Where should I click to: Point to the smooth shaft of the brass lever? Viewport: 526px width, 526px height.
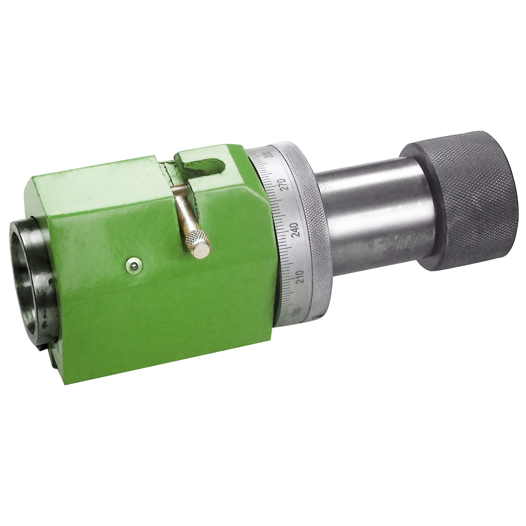[182, 210]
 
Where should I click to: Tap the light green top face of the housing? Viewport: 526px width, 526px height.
[99, 194]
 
